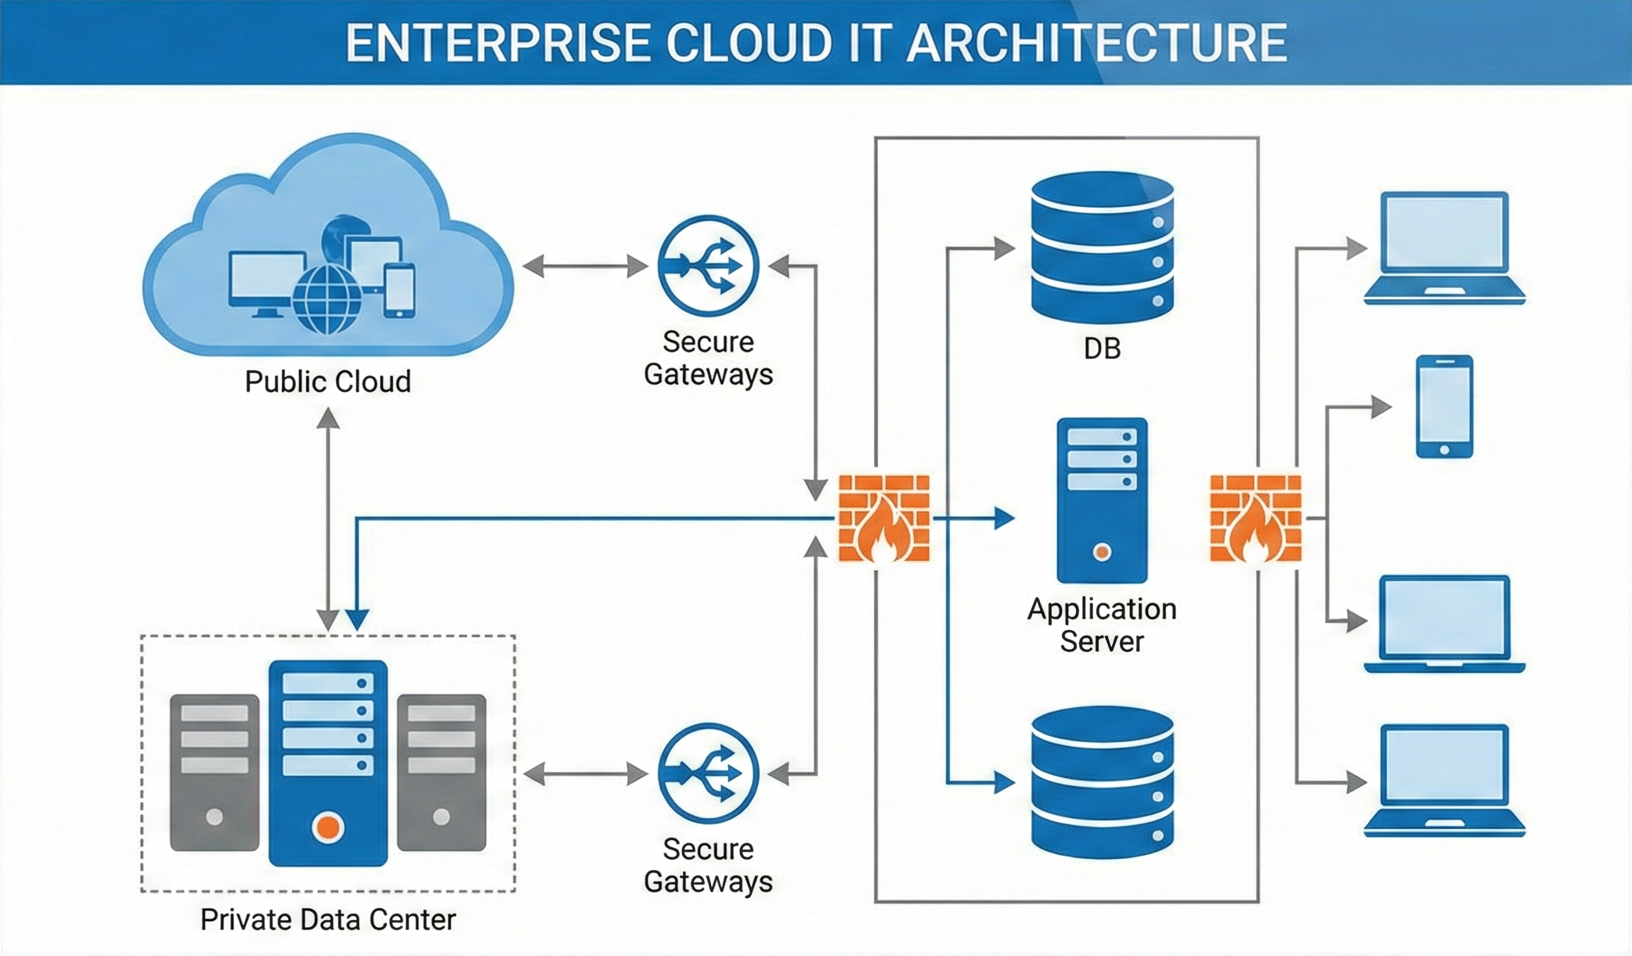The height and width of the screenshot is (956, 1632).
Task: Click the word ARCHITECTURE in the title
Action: [1096, 43]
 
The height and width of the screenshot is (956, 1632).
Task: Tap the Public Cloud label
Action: [327, 382]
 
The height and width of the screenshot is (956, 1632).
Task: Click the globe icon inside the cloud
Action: [327, 299]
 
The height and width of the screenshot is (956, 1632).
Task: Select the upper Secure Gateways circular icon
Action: [708, 266]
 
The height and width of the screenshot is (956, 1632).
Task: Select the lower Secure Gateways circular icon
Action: [708, 773]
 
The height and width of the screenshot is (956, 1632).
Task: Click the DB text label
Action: [1102, 349]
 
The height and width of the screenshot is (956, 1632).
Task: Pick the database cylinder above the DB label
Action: [1102, 247]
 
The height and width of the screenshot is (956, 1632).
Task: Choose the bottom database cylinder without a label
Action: [1102, 782]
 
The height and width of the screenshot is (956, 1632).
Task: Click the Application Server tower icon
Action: [1102, 500]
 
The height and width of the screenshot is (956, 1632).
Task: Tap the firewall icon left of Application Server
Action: [883, 518]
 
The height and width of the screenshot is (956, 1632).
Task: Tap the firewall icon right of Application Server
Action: [1255, 518]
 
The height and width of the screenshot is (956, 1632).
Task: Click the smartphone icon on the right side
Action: [1444, 406]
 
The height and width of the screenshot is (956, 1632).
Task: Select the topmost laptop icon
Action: [1444, 247]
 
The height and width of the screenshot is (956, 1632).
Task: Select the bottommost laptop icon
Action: [1444, 780]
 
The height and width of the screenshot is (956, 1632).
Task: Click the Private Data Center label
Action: [327, 919]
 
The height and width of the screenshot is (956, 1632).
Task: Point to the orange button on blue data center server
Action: [327, 827]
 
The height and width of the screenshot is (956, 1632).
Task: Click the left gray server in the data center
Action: [214, 772]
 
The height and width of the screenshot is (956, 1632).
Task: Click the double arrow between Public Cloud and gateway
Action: [585, 266]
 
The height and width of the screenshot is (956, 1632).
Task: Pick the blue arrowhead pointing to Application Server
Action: [1004, 518]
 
